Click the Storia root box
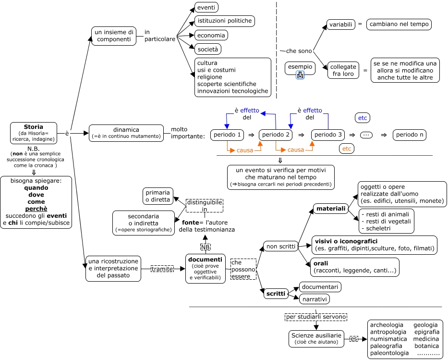pyautogui.click(x=34, y=133)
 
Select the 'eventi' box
pyautogui.click(x=206, y=7)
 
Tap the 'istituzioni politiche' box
pyautogui.click(x=224, y=21)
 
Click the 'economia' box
pyautogui.click(x=211, y=35)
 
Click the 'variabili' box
pyautogui.click(x=340, y=24)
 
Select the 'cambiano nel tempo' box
pyautogui.click(x=399, y=24)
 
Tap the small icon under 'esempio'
pyautogui.click(x=300, y=74)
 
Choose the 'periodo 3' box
pyautogui.click(x=328, y=135)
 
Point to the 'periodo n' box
pyautogui.click(x=410, y=135)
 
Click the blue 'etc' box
pyautogui.click(x=363, y=118)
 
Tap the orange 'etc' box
pyautogui.click(x=347, y=149)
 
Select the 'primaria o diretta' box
pyautogui.click(x=158, y=196)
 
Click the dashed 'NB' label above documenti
pyautogui.click(x=206, y=247)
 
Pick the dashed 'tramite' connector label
pyautogui.click(x=162, y=269)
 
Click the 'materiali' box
pyautogui.click(x=330, y=209)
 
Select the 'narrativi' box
pyautogui.click(x=314, y=299)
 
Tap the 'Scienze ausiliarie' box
pyautogui.click(x=316, y=338)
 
